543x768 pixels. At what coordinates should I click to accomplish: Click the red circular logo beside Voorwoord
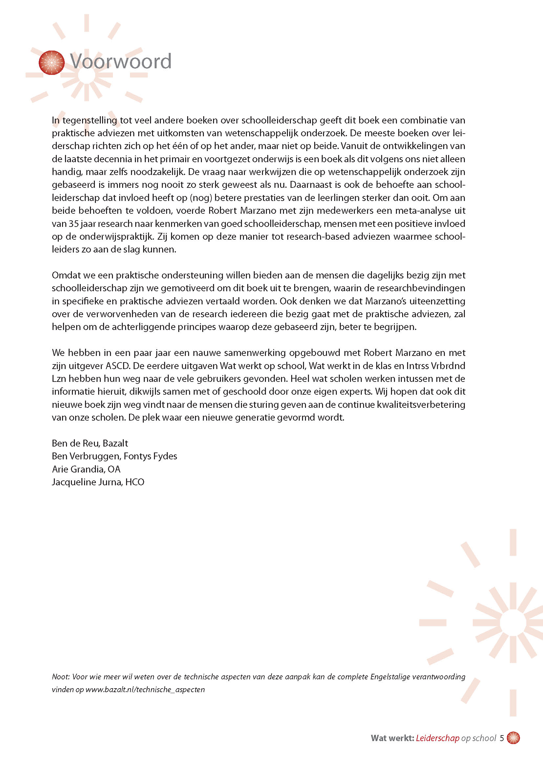coord(52,63)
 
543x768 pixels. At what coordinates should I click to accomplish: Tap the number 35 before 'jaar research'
coord(74,224)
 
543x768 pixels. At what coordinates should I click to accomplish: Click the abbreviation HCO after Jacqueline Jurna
coord(135,482)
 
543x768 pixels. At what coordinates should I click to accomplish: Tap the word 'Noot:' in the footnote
coord(60,677)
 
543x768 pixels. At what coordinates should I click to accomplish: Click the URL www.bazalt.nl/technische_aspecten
coord(145,690)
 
